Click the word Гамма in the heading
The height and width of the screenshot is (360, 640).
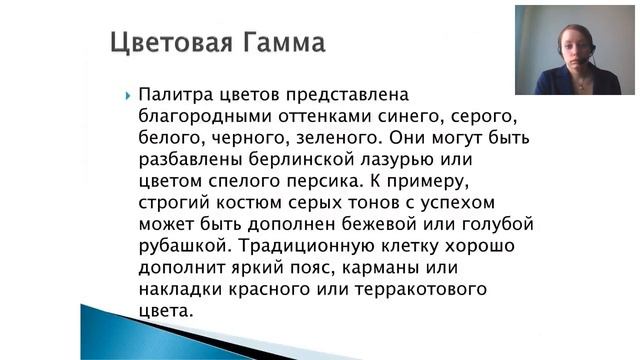[x=284, y=45]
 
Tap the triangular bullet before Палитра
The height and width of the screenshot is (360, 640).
[x=129, y=96]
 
